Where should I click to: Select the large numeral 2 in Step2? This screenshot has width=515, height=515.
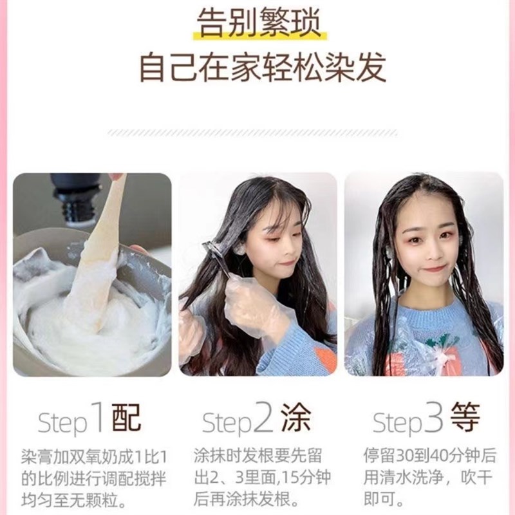(263, 419)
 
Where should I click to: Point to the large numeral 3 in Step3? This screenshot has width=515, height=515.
(433, 419)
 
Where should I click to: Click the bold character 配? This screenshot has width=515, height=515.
(126, 419)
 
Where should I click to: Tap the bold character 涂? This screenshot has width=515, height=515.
(295, 419)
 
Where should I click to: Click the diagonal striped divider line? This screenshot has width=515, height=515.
(257, 132)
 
